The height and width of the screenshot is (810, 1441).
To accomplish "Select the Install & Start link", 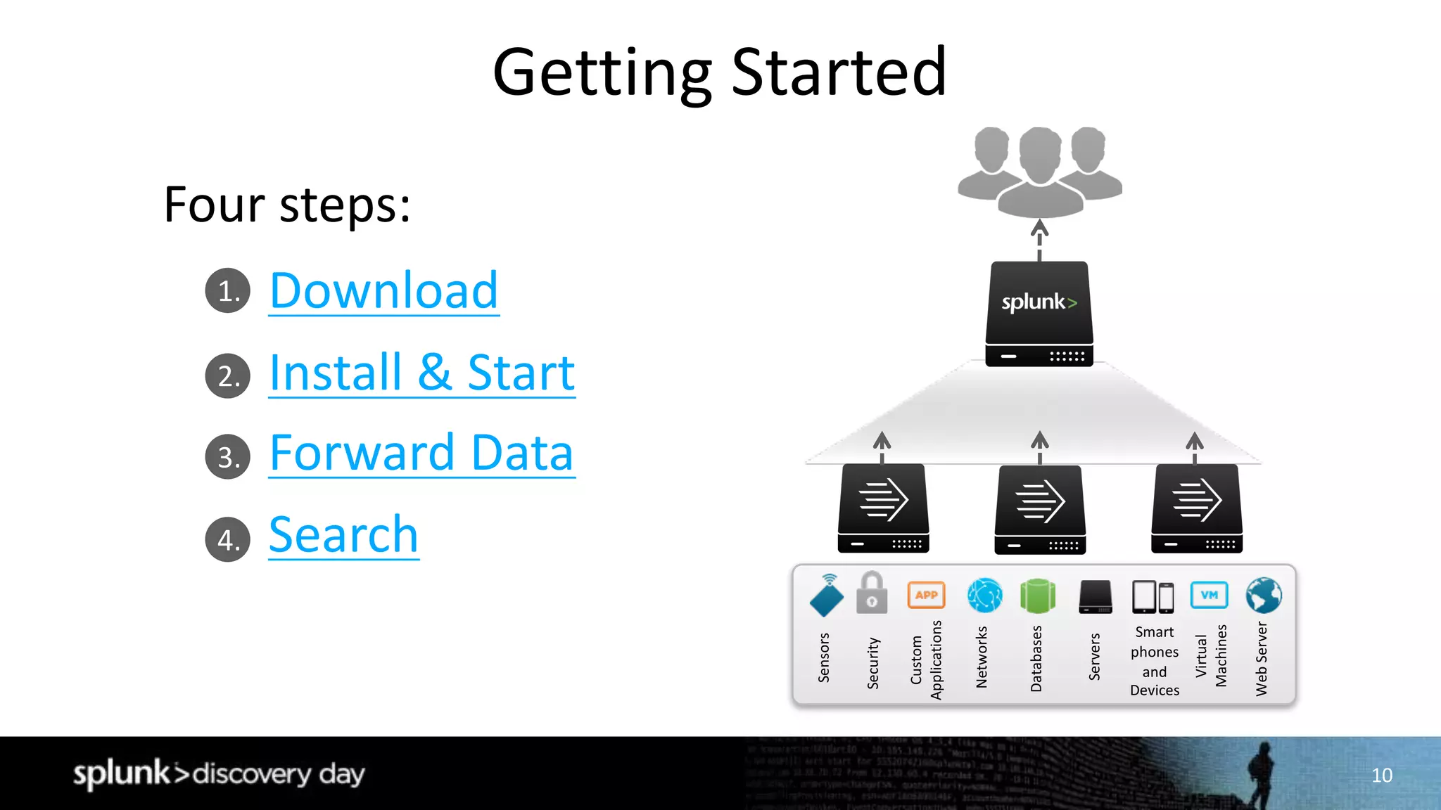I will (x=421, y=373).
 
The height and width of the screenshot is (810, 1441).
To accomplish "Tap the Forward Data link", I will (x=421, y=453).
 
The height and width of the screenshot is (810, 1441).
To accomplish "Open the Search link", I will (x=343, y=535).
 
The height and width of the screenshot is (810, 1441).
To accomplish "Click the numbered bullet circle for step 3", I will (x=227, y=457).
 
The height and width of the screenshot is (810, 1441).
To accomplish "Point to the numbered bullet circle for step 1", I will (x=227, y=290).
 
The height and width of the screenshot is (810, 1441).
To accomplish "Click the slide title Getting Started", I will (x=720, y=72).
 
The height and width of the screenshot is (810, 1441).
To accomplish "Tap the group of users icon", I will (x=1039, y=172).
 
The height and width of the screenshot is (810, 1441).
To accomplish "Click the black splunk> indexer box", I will (x=1039, y=313).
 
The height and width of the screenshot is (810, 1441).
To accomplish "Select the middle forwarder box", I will (x=1039, y=509).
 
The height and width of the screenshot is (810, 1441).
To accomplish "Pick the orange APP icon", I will (x=926, y=595).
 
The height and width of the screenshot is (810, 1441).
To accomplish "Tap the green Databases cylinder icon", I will (x=1037, y=596).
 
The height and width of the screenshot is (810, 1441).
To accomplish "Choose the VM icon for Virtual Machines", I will (x=1209, y=595).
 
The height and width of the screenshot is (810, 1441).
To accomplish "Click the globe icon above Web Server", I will (x=1263, y=596).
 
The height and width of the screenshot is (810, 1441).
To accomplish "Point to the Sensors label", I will (x=824, y=657).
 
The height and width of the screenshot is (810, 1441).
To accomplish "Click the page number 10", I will (x=1382, y=775).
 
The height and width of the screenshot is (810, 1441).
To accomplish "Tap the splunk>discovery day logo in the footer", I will (x=219, y=773).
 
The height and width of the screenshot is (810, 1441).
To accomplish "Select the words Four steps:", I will (x=287, y=205).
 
